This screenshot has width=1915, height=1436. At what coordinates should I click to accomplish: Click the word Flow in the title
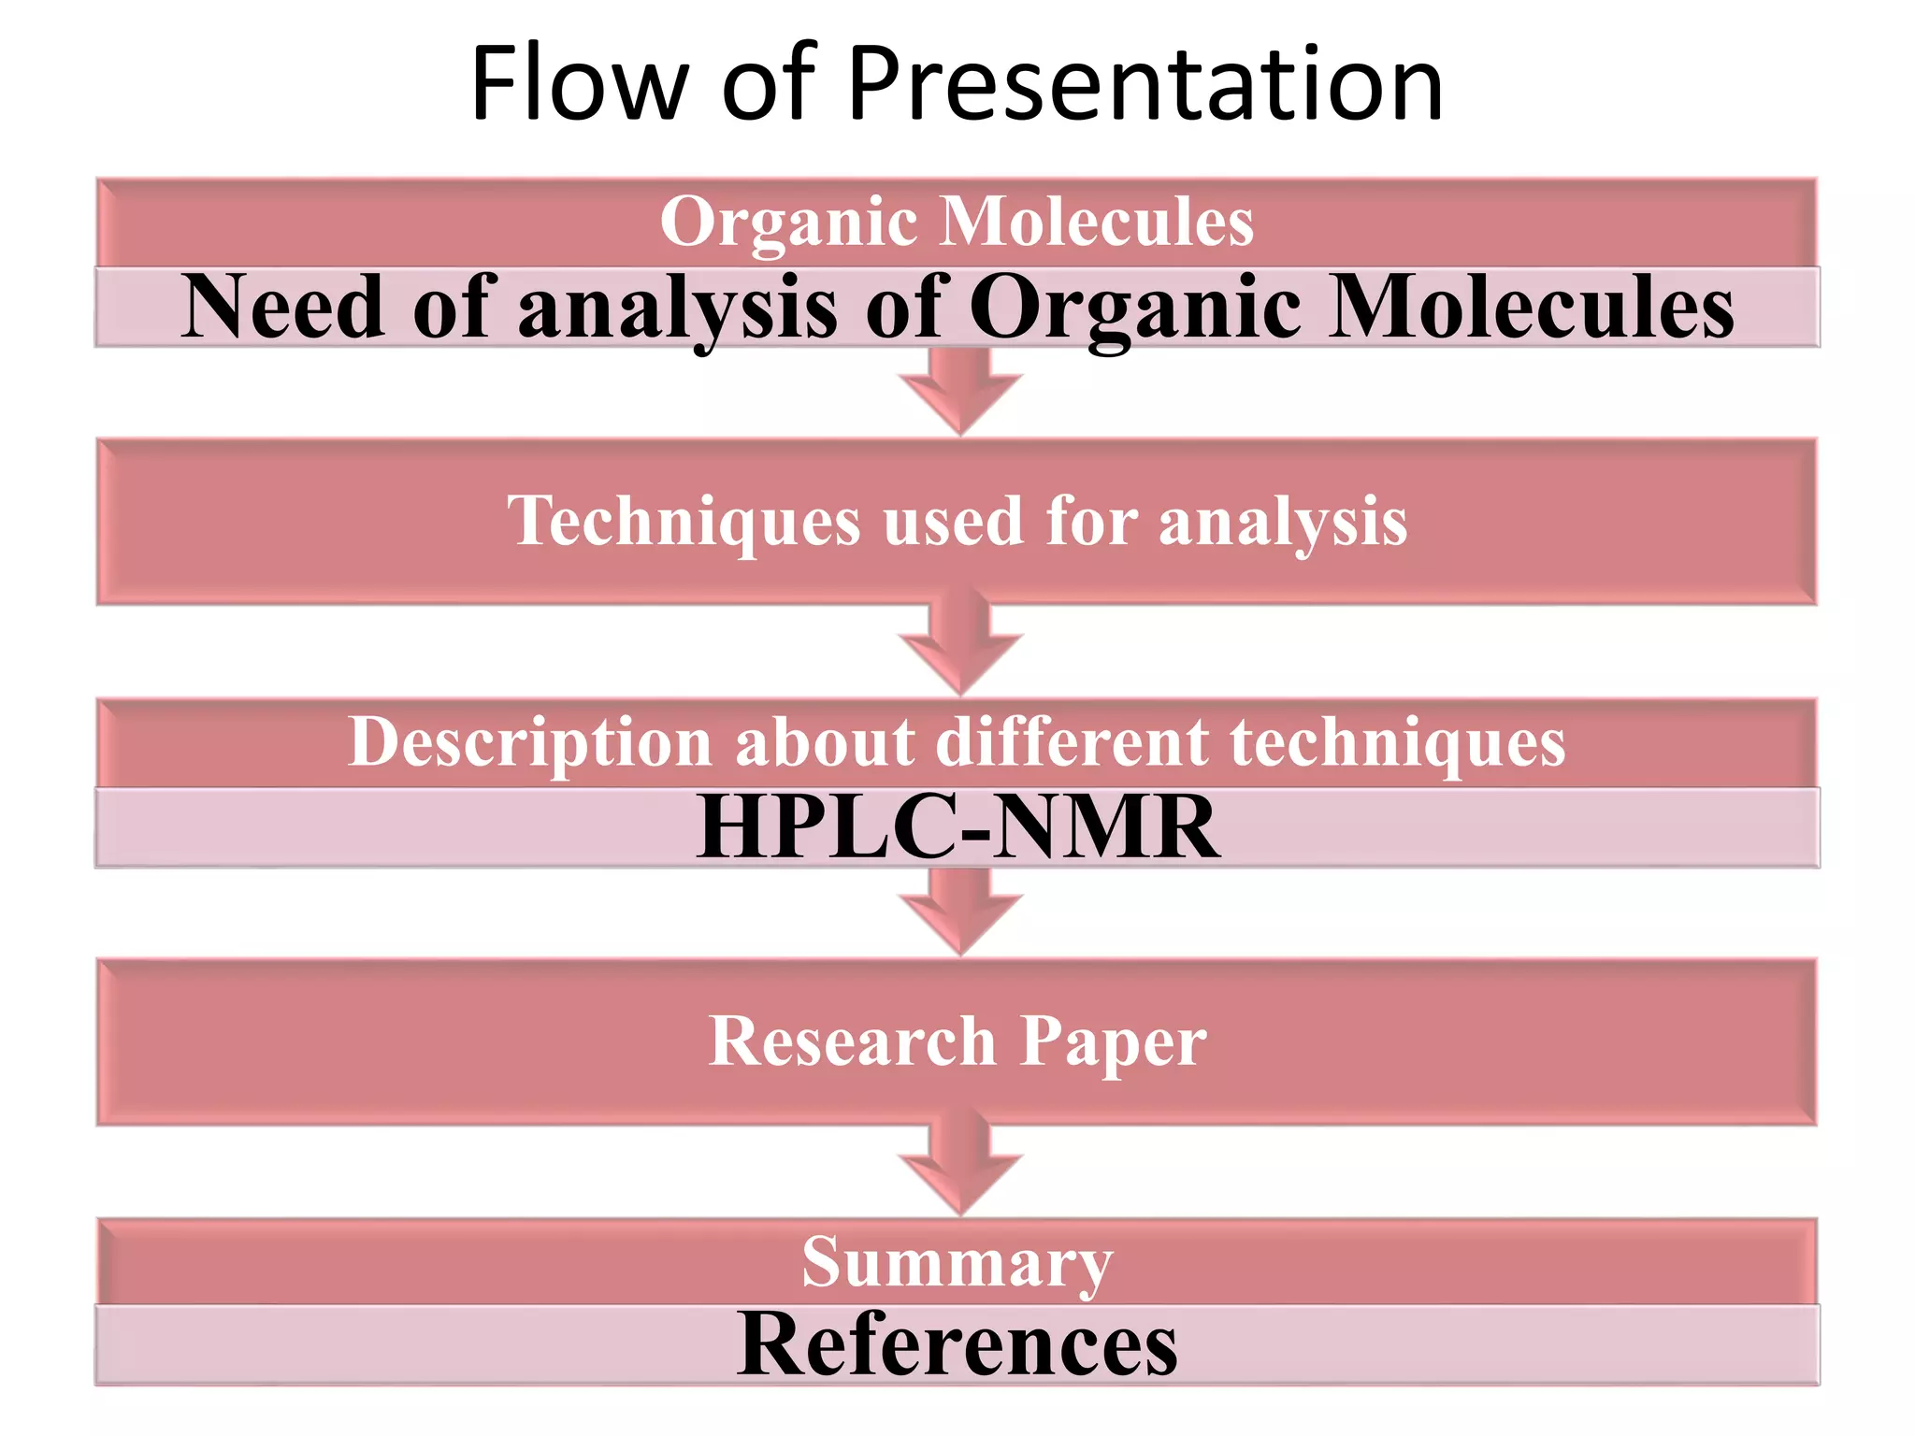click(580, 84)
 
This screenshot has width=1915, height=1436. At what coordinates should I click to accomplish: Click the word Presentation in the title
click(1145, 84)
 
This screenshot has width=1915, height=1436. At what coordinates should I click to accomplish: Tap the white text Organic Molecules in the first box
click(957, 222)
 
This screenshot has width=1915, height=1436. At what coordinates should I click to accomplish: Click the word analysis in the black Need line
click(677, 309)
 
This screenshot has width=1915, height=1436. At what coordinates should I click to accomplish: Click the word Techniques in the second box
click(684, 522)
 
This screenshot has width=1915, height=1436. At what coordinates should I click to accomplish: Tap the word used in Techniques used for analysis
click(953, 522)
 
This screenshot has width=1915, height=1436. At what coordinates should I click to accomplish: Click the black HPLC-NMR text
click(957, 827)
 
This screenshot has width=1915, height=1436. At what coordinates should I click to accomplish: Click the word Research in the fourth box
click(852, 1041)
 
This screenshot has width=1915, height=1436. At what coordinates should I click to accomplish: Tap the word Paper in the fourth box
click(1113, 1043)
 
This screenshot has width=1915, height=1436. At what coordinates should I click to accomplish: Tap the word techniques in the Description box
click(1397, 743)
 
